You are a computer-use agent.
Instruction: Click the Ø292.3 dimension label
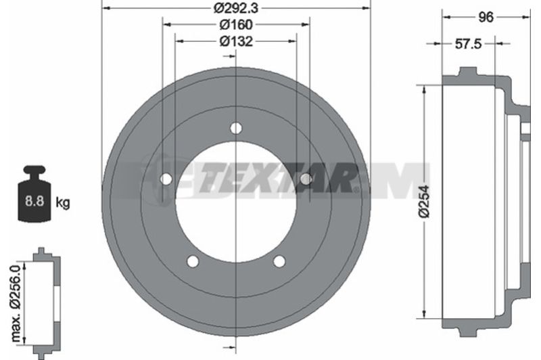pos(235,7)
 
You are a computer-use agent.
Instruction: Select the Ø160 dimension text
pos(236,24)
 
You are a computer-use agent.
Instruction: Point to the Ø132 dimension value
pos(236,41)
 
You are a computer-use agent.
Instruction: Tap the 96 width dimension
pos(486,17)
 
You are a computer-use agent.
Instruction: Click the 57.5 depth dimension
pos(468,44)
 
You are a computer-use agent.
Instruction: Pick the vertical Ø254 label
pos(424,202)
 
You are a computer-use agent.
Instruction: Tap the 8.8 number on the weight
pos(34,201)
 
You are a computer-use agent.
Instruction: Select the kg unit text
pos(62,202)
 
